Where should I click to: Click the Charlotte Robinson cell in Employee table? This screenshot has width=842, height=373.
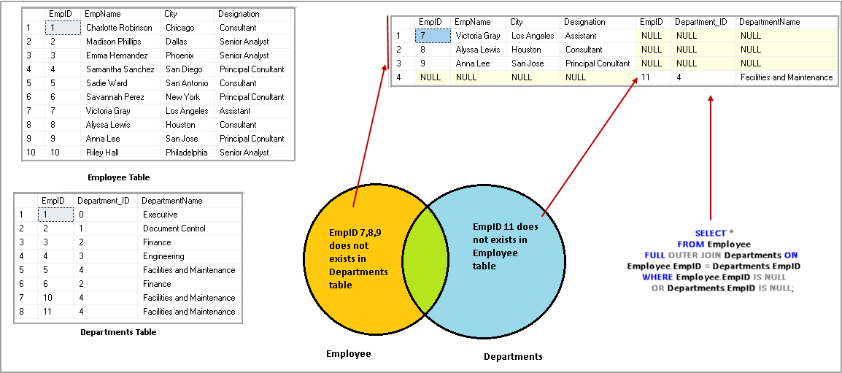[119, 28]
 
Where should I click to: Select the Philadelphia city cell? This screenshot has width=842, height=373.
[186, 153]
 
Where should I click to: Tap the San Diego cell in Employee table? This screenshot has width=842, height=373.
[184, 69]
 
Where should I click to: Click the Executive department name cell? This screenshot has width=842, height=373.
[161, 215]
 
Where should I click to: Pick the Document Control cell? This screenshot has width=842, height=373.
[174, 228]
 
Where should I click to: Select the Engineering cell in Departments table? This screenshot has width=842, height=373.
[163, 256]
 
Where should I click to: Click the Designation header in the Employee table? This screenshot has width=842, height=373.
[239, 14]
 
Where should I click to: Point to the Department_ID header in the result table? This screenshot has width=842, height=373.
[700, 22]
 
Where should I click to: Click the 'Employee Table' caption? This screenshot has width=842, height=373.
[119, 177]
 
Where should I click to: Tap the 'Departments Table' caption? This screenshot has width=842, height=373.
[118, 332]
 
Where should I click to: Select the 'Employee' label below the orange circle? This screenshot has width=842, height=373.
[348, 354]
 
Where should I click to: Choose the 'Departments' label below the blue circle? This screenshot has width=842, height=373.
[513, 357]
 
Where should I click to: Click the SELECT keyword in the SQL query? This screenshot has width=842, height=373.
[710, 234]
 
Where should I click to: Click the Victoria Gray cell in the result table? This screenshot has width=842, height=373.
[478, 36]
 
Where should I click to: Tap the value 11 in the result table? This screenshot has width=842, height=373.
[646, 77]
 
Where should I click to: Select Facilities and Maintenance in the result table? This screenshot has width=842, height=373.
[786, 77]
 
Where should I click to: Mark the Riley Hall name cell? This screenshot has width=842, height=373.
[104, 153]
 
